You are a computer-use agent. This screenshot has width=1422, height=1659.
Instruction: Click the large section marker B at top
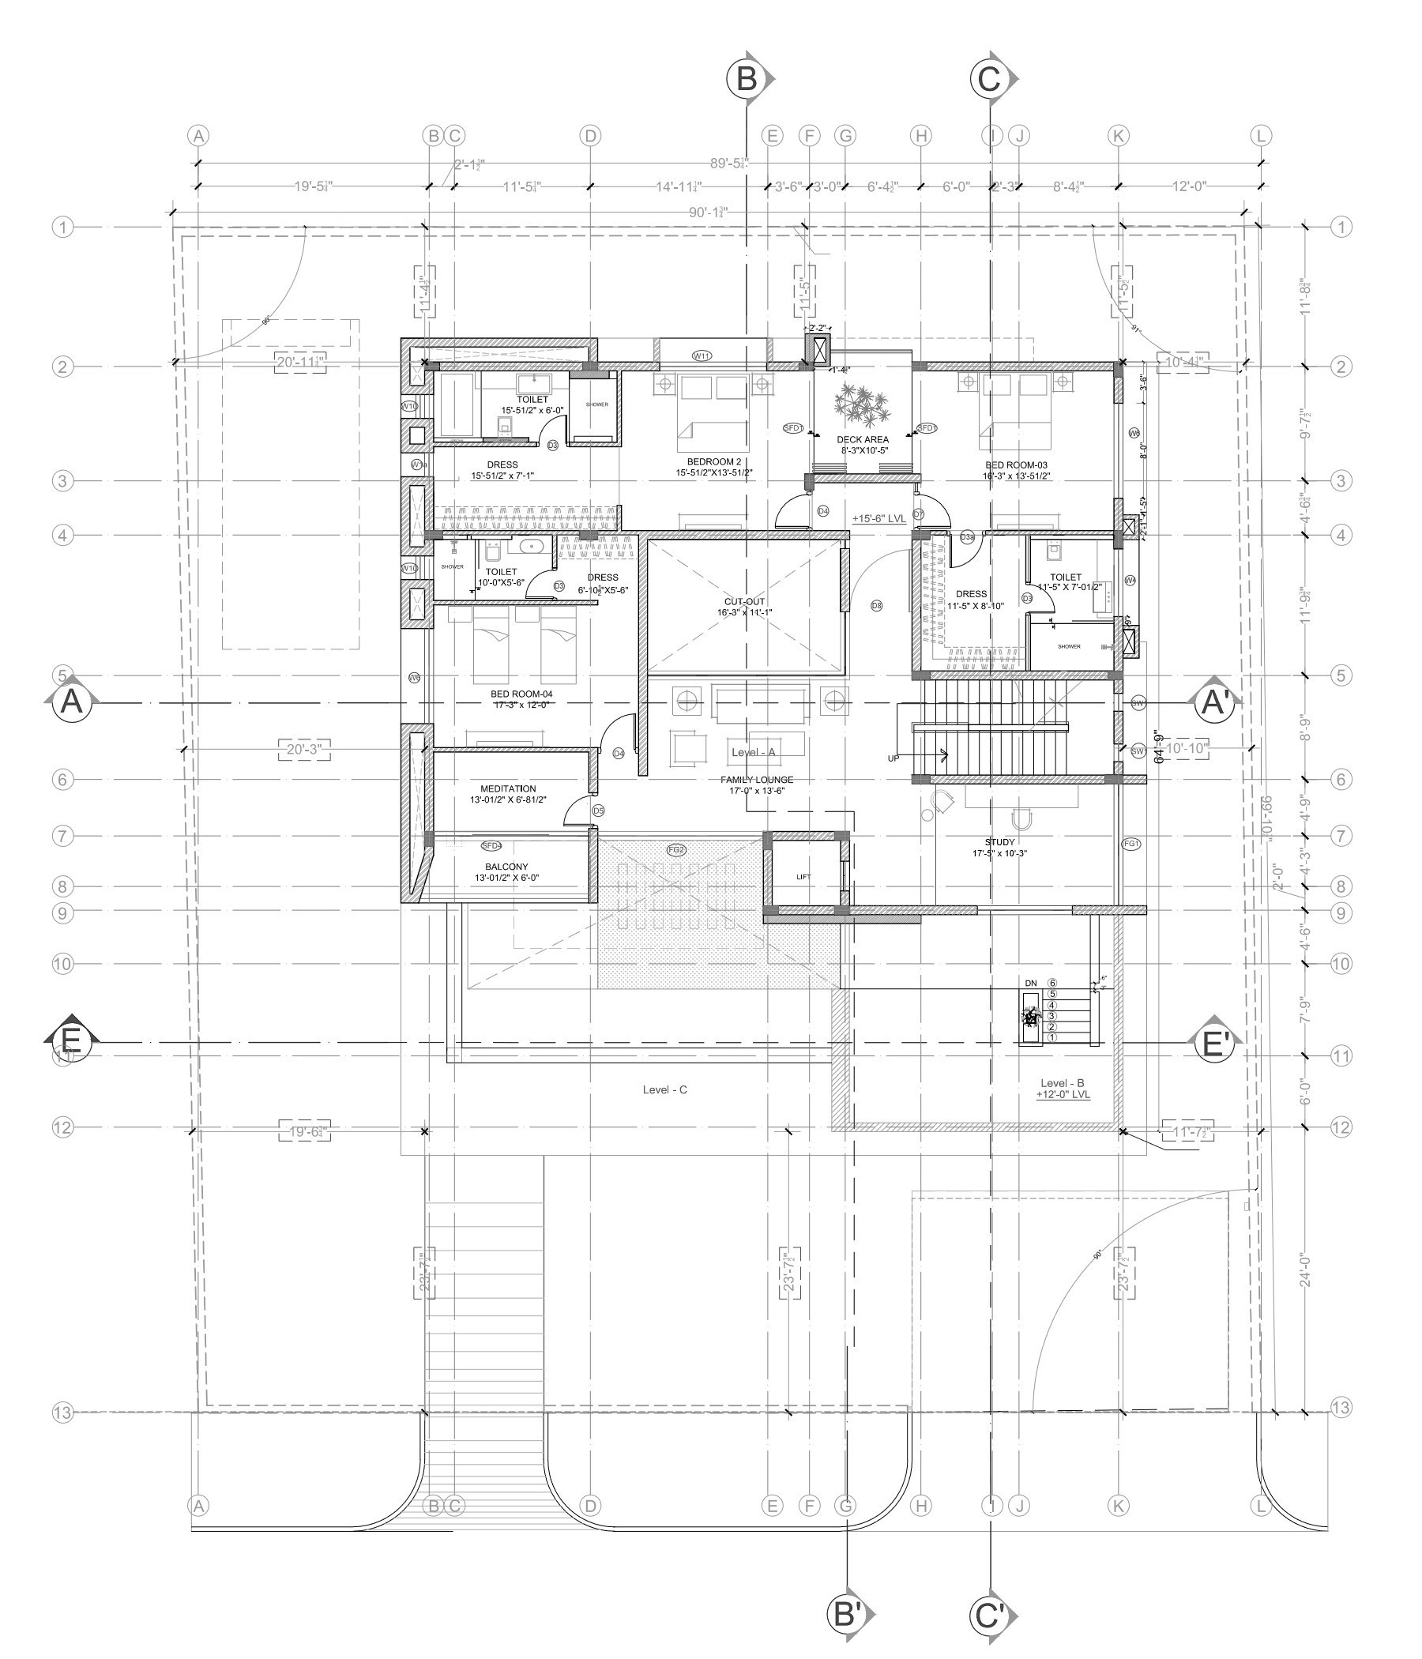747,78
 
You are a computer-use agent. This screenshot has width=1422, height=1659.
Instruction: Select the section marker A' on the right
1216,703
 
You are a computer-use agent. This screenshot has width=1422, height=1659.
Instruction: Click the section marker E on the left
70,1041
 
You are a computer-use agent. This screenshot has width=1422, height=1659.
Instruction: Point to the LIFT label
803,877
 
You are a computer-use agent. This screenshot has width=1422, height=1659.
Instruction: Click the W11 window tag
702,355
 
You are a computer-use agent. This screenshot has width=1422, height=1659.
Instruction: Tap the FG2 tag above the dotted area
676,849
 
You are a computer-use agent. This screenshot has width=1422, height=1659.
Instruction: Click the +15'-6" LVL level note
878,519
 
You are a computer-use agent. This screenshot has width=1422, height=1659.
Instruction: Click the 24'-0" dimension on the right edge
1305,1292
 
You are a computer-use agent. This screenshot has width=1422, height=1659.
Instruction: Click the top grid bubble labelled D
590,136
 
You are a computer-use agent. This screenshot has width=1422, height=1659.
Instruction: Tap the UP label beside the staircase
894,758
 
